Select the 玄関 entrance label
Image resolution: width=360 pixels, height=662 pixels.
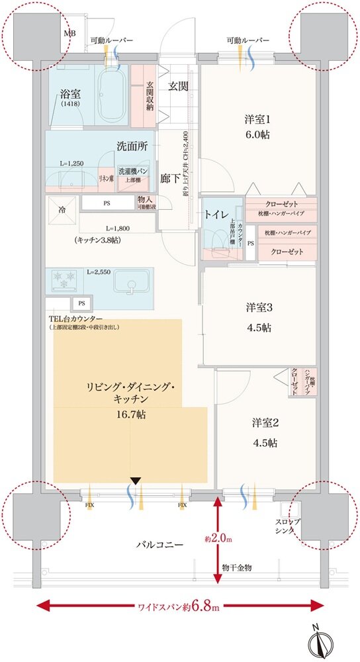pyautogui.click(x=177, y=86)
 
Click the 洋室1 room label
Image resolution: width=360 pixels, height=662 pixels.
pyautogui.click(x=257, y=126)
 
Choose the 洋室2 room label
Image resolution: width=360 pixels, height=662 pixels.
pyautogui.click(x=264, y=430)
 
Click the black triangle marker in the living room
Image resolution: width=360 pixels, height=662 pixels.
pyautogui.click(x=136, y=481)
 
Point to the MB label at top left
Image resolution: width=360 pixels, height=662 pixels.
pyautogui.click(x=68, y=32)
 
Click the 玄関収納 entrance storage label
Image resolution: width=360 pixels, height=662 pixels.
pyautogui.click(x=150, y=94)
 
